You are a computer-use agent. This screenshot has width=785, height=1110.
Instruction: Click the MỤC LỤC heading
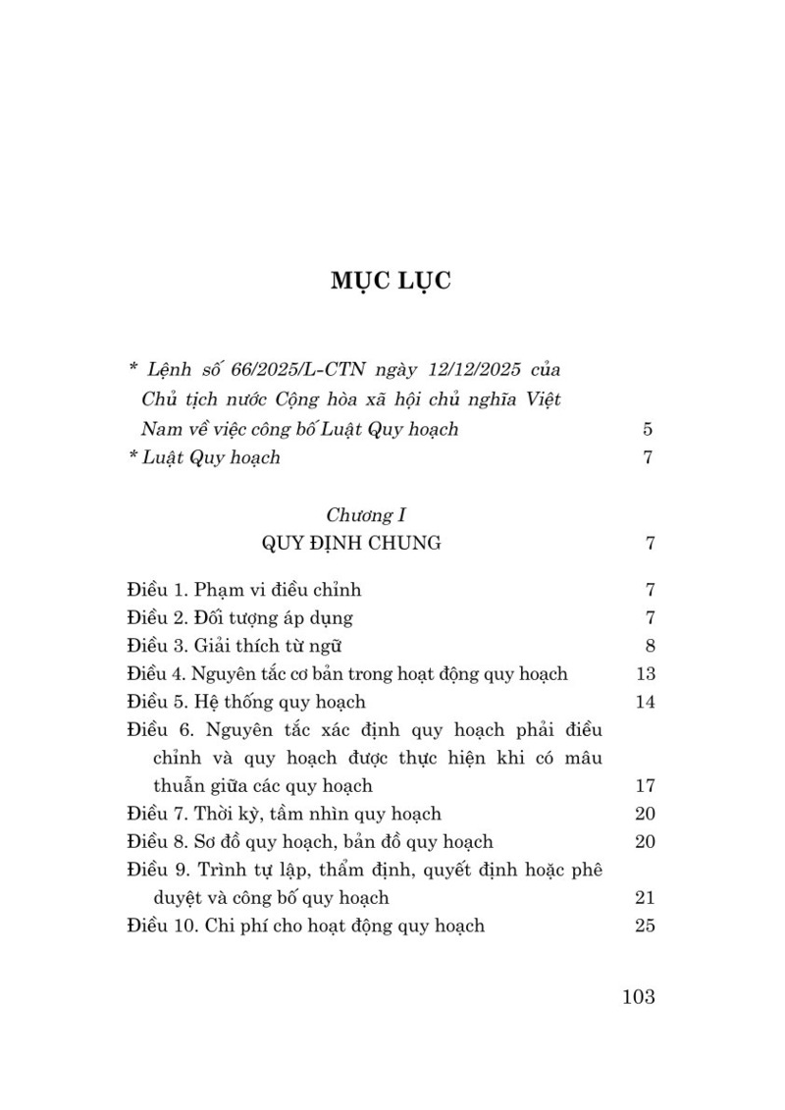click(x=391, y=280)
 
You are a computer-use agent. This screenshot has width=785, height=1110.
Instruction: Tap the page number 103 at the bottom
click(x=638, y=997)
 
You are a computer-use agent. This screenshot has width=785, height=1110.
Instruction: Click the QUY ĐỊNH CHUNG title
click(x=350, y=543)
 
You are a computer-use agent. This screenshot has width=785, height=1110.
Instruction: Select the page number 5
click(x=648, y=429)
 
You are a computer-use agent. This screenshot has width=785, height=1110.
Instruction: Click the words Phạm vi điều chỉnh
click(x=279, y=590)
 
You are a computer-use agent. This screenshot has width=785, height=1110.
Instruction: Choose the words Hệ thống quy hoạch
click(x=281, y=702)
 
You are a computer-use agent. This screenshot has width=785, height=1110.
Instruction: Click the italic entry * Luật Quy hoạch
click(x=204, y=457)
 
